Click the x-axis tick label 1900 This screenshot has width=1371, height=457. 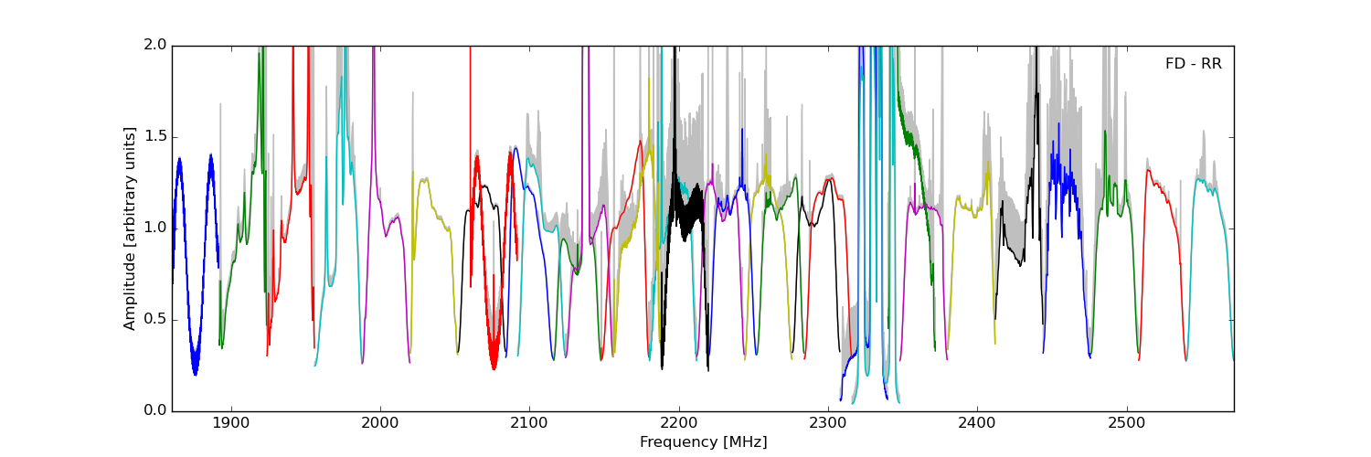click(231, 425)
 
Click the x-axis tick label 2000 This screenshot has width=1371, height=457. click(380, 425)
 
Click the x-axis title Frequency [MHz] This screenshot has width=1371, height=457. click(703, 442)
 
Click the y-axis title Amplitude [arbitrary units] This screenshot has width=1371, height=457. click(130, 228)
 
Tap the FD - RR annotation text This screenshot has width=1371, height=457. click(1193, 64)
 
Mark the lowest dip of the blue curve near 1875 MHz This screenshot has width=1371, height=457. click(195, 373)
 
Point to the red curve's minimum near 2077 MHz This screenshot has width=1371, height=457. click(494, 367)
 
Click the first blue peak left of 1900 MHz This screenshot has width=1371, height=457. click(179, 159)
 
